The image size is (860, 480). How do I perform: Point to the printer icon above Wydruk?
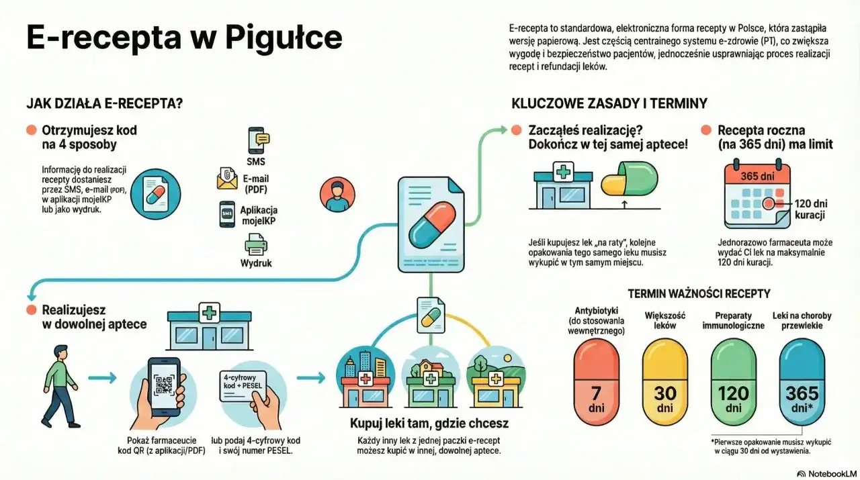pyautogui.click(x=255, y=245)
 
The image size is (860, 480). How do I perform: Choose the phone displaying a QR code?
pyautogui.click(x=164, y=388)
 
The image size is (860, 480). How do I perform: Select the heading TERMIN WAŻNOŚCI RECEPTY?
pyautogui.click(x=699, y=293)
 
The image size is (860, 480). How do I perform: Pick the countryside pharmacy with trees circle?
pyautogui.click(x=494, y=377)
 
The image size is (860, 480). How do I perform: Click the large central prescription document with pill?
pyautogui.click(x=431, y=224)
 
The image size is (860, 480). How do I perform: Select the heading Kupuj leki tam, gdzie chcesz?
pyautogui.click(x=429, y=424)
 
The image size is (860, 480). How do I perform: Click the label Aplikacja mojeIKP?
pyautogui.click(x=259, y=215)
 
